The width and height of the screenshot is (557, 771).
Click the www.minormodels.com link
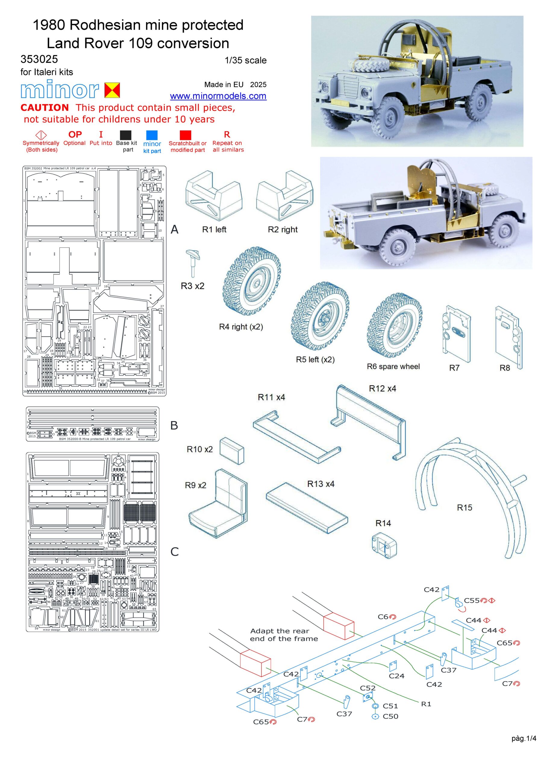pos(218,96)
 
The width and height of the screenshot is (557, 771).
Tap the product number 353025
pos(39,59)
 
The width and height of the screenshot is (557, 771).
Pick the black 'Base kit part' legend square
pos(126,135)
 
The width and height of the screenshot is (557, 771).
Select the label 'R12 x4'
pos(382,389)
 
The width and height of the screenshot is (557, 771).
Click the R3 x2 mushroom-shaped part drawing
pos(193,261)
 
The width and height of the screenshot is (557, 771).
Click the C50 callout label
pos(390,716)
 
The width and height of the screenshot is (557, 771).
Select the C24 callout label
pos(396,676)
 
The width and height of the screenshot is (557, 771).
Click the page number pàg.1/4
pos(523,748)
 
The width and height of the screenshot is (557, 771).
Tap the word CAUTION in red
pos(45,108)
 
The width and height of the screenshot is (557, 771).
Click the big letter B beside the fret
pos(174,425)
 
